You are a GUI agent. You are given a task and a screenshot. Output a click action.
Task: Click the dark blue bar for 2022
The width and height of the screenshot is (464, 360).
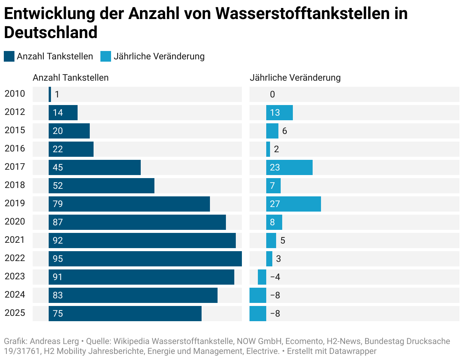145,259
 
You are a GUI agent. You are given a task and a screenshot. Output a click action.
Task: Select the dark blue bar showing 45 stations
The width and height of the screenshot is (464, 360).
94,167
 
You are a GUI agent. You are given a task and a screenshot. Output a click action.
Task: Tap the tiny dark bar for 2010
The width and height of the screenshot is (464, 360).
50,94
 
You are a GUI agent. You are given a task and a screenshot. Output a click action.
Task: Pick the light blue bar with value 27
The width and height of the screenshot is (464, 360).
293,204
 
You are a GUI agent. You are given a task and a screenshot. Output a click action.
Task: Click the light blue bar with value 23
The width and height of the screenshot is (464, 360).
289,167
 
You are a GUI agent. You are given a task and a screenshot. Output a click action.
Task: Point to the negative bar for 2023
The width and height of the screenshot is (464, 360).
262,277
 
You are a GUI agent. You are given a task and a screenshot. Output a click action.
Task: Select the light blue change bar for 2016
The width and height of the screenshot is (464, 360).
268,149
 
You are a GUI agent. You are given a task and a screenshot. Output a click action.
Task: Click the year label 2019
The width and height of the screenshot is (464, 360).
15,203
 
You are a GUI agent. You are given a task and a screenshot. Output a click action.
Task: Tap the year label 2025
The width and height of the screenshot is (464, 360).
15,313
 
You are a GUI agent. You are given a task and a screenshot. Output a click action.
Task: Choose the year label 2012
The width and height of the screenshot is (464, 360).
15,112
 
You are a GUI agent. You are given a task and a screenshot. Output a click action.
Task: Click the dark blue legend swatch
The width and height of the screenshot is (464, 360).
9,56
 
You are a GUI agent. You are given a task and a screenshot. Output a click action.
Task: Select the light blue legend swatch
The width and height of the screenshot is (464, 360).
106,56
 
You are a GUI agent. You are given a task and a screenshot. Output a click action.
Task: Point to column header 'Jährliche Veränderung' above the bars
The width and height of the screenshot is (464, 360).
295,78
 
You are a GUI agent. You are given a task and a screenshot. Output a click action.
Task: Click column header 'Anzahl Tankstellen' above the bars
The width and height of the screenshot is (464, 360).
70,78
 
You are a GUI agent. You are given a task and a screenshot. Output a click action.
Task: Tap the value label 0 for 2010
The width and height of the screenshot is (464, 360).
272,94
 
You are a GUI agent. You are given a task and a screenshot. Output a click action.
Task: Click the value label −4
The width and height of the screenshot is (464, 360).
275,277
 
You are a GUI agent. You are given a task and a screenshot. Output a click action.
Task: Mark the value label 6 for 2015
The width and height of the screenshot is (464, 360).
284,131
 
